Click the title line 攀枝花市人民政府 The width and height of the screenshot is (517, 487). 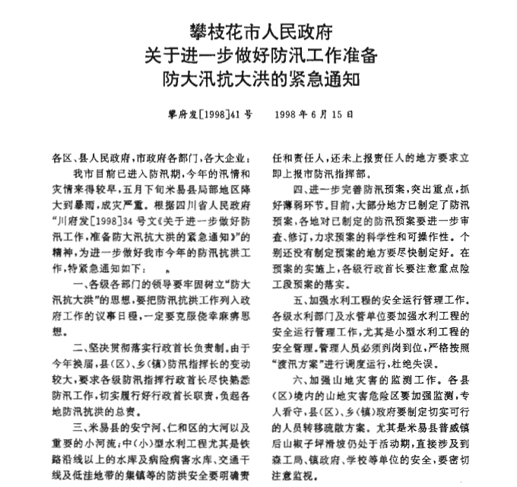(x=259, y=32)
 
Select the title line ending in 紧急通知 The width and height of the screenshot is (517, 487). (x=259, y=78)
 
